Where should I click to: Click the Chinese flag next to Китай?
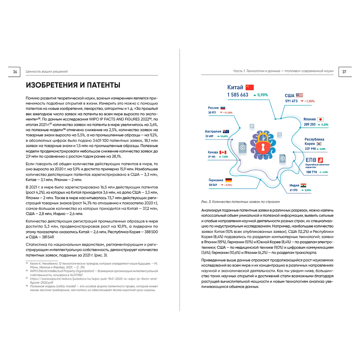coord(250,87)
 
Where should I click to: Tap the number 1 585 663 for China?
coord(238,95)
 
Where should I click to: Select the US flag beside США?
coord(300,95)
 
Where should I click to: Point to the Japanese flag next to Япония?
coord(321,119)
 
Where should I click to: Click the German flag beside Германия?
coord(229,180)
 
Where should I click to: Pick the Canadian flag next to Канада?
coord(222,152)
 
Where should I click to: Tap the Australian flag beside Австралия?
coord(226,131)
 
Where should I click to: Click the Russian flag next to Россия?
coord(223,108)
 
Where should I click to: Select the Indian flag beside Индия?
coord(303,185)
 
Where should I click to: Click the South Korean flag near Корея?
coord(319,144)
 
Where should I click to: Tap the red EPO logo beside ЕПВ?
coord(320,160)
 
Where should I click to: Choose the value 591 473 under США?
coord(291,101)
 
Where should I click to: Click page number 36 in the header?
coord(15,72)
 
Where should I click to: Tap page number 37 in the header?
coord(344,72)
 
